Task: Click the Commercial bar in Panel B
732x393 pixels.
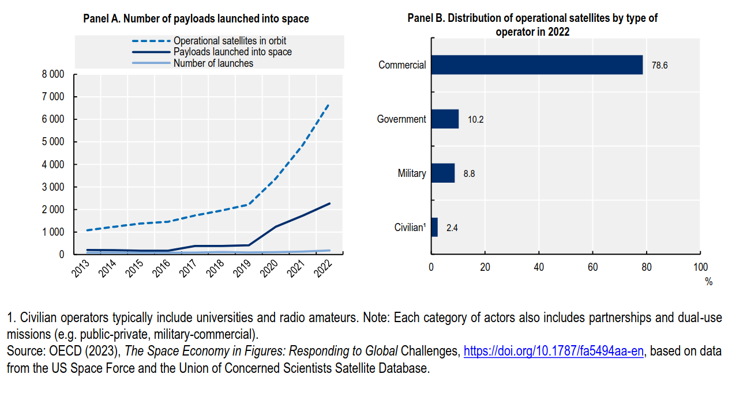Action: coord(536,65)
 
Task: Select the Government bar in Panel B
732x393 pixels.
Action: coord(445,119)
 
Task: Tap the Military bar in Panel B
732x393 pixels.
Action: coord(442,173)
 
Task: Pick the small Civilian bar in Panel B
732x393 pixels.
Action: coord(434,227)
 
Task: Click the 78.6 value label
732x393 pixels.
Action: coord(659,66)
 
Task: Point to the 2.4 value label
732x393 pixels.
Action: coord(452,228)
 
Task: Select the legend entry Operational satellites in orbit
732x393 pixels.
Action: coord(230,41)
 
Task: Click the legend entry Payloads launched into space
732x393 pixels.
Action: coord(232,52)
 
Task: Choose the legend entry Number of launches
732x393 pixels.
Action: coord(213,63)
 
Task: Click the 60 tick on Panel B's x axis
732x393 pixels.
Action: coord(592,267)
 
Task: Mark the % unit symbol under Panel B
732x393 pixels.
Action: coord(708,282)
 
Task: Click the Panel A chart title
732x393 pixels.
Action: coord(196,19)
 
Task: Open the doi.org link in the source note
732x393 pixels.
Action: coord(553,351)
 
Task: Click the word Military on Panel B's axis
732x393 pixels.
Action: coord(411,173)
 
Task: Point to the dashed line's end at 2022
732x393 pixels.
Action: coord(329,104)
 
